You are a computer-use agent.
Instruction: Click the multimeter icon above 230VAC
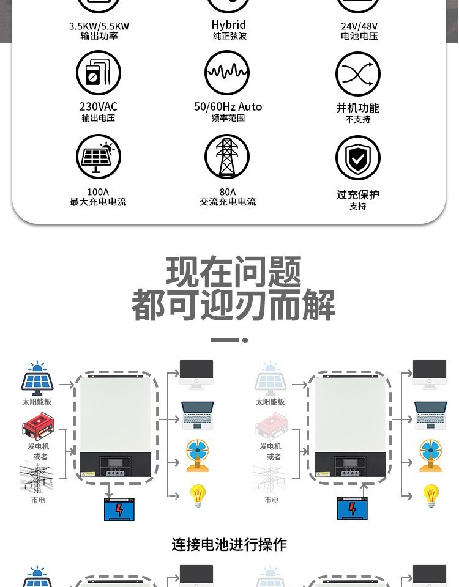click(98, 73)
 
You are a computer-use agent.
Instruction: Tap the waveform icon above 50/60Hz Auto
click(227, 73)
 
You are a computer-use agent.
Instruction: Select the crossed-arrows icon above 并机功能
click(358, 75)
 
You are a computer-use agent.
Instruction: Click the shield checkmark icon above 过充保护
click(358, 158)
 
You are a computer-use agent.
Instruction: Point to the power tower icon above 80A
click(227, 157)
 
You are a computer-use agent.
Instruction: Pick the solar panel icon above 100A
click(98, 157)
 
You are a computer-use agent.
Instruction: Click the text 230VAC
click(98, 107)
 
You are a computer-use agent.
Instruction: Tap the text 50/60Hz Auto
click(228, 107)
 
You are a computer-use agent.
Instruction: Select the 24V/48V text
click(359, 26)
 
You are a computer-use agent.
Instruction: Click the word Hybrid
click(229, 25)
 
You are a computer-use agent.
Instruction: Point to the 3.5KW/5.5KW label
click(99, 26)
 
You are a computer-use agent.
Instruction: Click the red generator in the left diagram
click(37, 426)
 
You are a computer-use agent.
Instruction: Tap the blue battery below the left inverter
click(119, 508)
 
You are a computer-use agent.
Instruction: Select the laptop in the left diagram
click(197, 415)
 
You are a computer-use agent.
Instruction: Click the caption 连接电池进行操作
click(229, 544)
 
